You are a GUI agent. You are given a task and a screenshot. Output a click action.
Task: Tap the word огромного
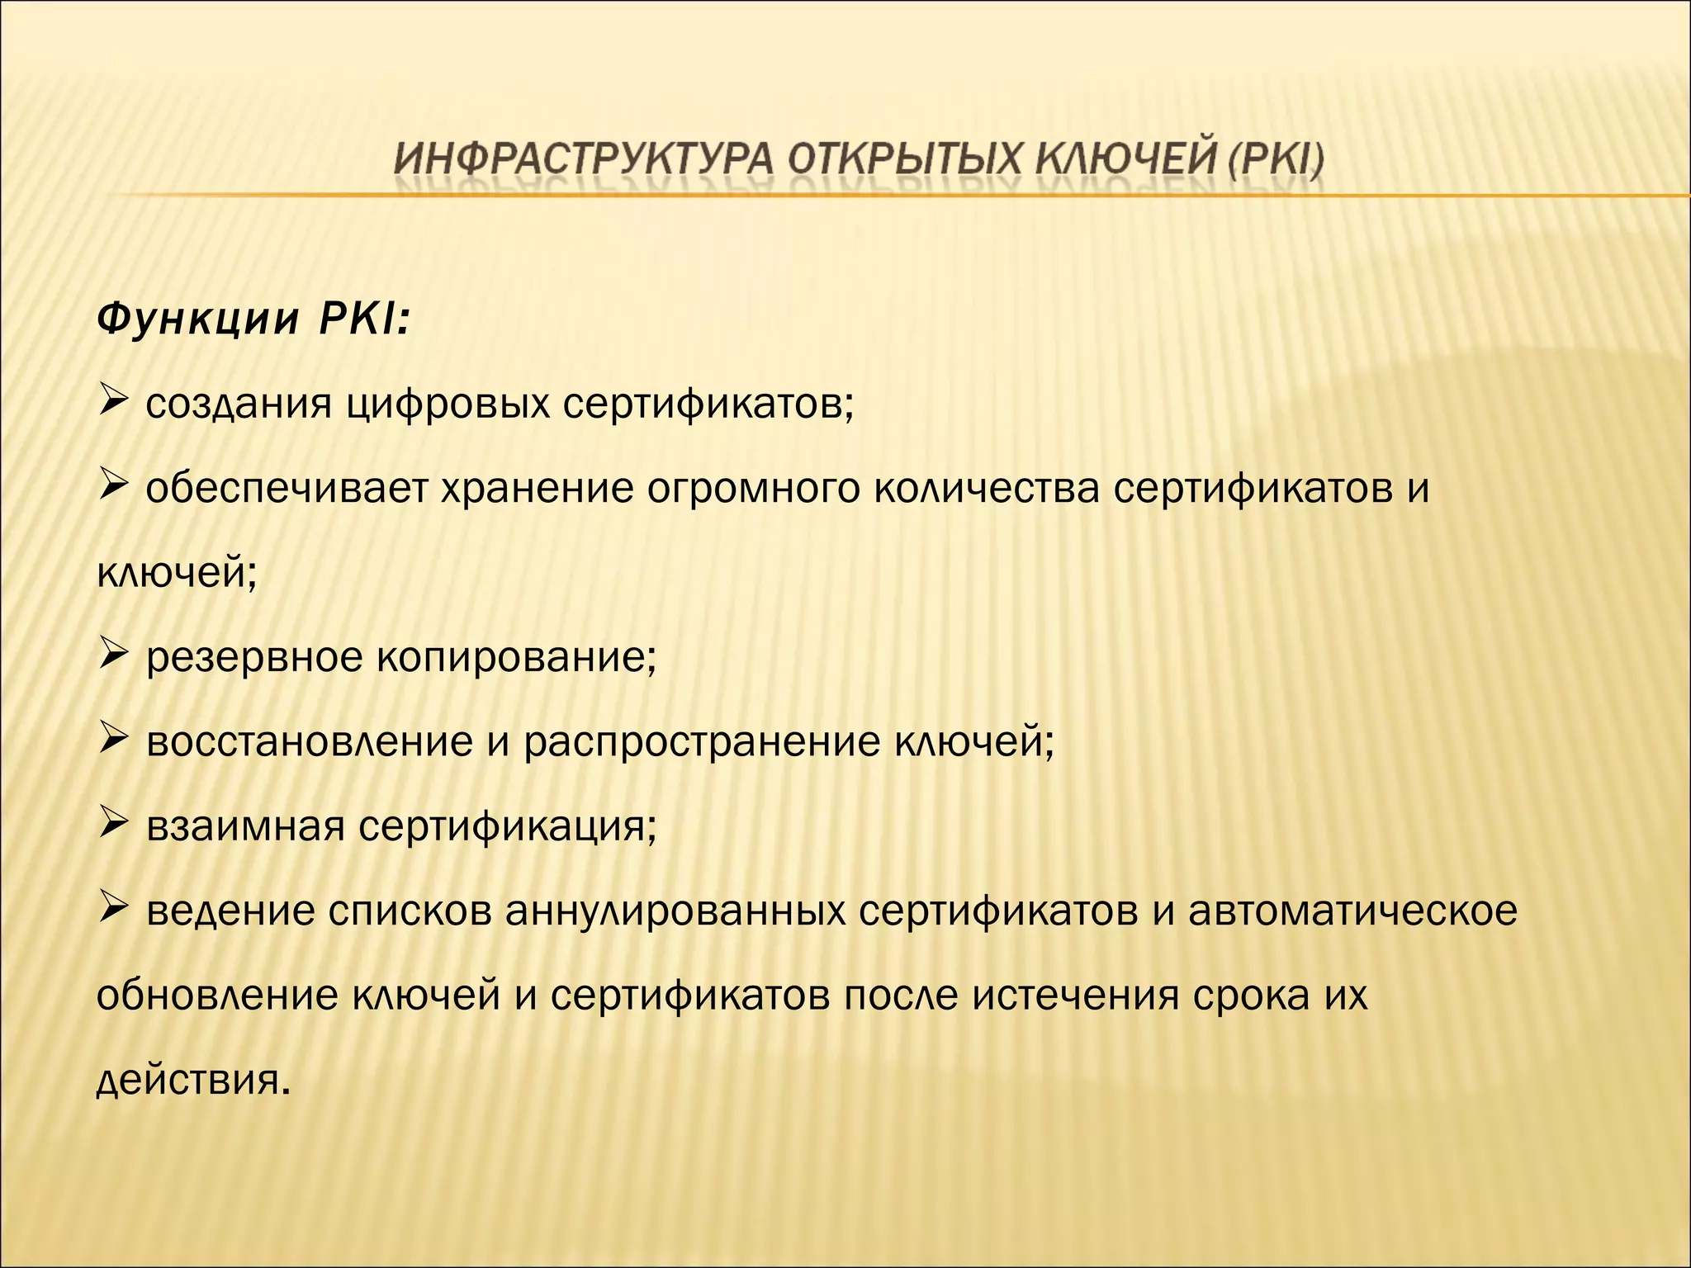[753, 489]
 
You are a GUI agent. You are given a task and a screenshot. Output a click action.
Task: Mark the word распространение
[702, 741]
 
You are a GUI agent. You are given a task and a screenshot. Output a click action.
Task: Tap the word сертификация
[508, 826]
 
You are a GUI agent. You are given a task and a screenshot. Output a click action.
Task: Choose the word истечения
[1074, 996]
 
